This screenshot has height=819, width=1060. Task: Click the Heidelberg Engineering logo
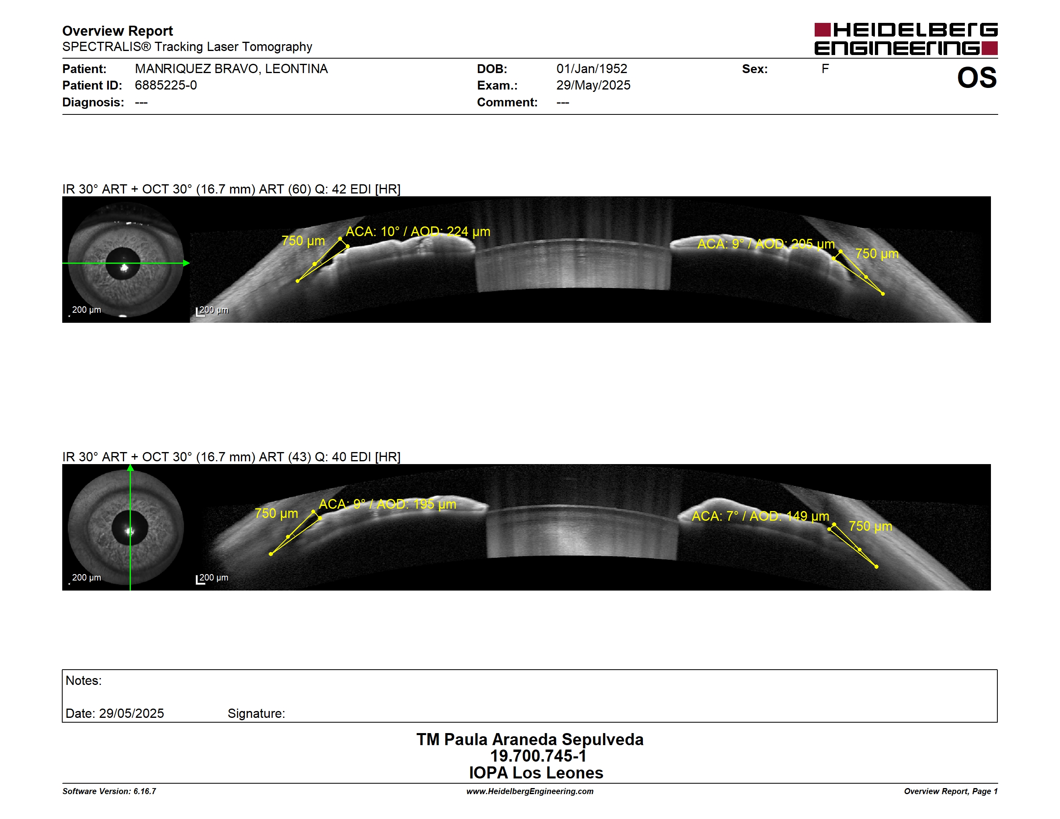click(906, 39)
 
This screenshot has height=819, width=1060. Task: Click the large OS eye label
click(976, 77)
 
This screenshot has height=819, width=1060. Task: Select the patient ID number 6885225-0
click(165, 86)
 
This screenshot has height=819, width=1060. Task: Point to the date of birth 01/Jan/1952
click(592, 69)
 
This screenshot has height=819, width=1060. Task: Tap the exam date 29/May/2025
click(593, 86)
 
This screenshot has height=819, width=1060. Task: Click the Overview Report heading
click(118, 31)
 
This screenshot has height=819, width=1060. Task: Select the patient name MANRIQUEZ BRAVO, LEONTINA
click(231, 69)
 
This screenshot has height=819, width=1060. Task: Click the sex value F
click(825, 69)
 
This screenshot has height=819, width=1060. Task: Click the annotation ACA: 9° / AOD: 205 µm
click(766, 244)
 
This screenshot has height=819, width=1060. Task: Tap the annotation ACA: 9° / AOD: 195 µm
click(387, 504)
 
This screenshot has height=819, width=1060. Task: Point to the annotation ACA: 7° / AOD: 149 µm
click(760, 516)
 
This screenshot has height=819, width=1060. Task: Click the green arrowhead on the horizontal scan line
click(186, 263)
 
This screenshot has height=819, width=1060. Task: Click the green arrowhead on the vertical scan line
click(130, 468)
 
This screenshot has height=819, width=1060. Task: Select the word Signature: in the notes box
click(256, 713)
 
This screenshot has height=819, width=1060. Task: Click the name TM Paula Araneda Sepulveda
click(530, 740)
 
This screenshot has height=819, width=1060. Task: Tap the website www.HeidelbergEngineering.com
click(530, 791)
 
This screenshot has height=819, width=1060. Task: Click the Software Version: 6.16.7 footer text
click(109, 791)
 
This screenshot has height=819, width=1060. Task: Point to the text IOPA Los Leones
click(536, 773)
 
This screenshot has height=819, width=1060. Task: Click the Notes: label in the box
click(84, 681)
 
